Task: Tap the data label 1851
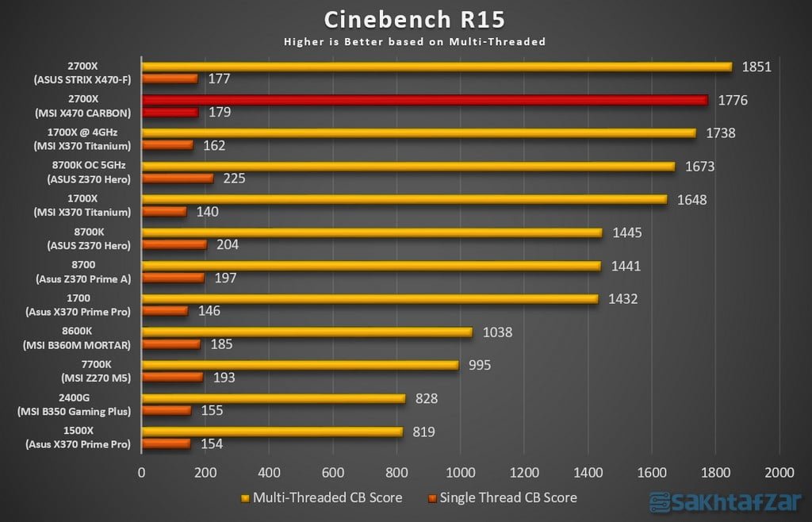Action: pyautogui.click(x=757, y=67)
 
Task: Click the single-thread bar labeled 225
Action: pyautogui.click(x=177, y=178)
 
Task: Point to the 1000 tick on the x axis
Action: pyautogui.click(x=460, y=471)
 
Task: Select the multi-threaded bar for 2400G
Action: pyautogui.click(x=273, y=398)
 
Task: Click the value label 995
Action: pyautogui.click(x=480, y=365)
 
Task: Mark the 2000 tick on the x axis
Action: pyautogui.click(x=779, y=471)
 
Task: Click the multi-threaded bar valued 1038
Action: pyautogui.click(x=306, y=332)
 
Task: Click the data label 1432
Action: pyautogui.click(x=622, y=299)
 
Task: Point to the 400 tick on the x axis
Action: pyautogui.click(x=269, y=471)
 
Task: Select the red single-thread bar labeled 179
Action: pyautogui.click(x=170, y=113)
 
